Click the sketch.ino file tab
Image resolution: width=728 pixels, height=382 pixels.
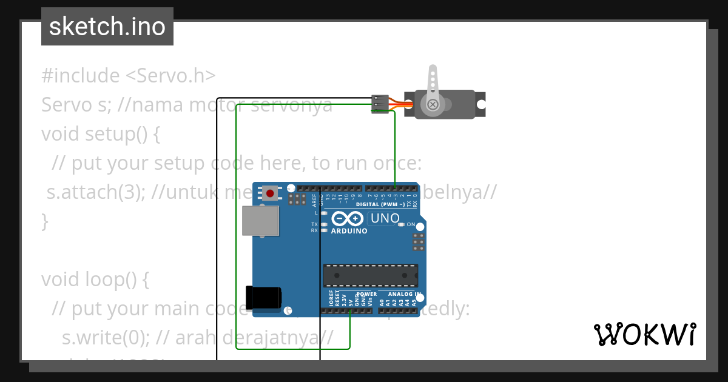pos(107,27)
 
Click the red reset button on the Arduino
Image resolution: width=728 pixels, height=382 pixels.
pos(270,193)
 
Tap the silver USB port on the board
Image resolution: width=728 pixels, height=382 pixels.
pos(260,220)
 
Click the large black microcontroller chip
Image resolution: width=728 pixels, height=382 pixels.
pos(370,275)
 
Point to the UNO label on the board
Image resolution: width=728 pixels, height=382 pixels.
pos(385,218)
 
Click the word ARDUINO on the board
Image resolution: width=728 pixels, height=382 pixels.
pos(349,231)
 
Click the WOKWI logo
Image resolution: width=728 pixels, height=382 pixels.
pos(644,334)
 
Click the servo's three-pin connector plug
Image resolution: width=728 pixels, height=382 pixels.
pos(380,104)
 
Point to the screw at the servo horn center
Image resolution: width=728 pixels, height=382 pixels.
pos(433,105)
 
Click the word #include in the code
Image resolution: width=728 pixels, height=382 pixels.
pos(81,76)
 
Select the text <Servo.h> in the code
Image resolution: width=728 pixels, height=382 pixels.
pos(170,76)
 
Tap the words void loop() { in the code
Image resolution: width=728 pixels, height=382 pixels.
pos(95,280)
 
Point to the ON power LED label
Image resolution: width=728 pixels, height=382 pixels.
pos(411,225)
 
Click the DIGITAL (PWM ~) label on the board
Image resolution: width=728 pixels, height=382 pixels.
pos(380,204)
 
